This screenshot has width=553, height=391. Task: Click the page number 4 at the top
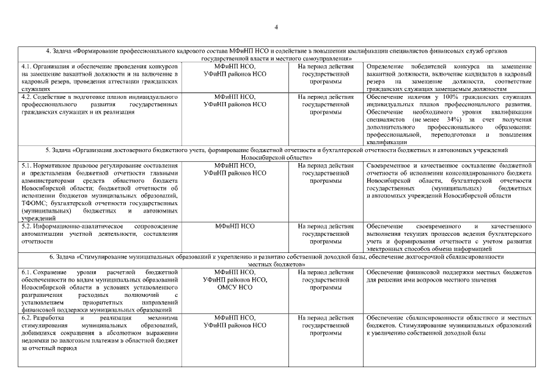coord(276,27)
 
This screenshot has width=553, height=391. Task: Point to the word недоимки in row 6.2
coord(34,341)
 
